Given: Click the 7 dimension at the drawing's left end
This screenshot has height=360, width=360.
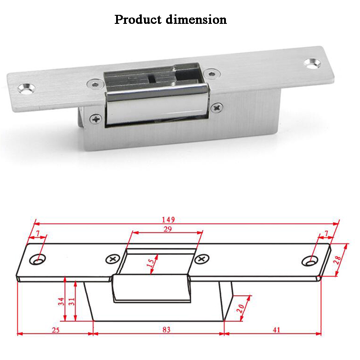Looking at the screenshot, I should pyautogui.click(x=38, y=234).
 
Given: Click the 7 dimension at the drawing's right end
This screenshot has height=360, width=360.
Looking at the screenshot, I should pyautogui.click(x=326, y=234).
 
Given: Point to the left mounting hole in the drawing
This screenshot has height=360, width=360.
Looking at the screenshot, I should pyautogui.click(x=39, y=260).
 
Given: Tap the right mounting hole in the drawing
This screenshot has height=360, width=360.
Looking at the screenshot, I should pyautogui.click(x=310, y=261).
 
